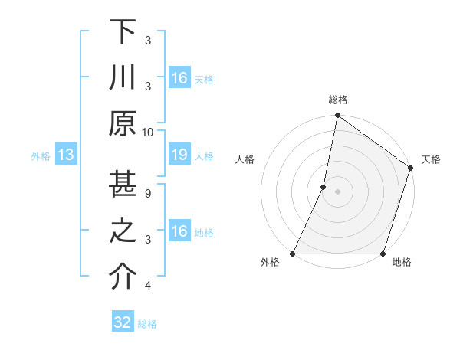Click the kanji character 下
pos(123,32)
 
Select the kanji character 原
pos(123,123)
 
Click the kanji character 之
pos(123,231)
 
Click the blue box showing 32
pos(123,322)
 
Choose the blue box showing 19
pos(179,155)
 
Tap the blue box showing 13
pos(65,155)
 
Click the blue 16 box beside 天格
pos(179,78)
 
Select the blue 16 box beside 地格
pos(179,231)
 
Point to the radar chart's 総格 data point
pos(337,116)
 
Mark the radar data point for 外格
pos(293,254)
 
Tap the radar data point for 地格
pos(383,254)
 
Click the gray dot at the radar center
pos(337,191)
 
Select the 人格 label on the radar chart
pos(245,159)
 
